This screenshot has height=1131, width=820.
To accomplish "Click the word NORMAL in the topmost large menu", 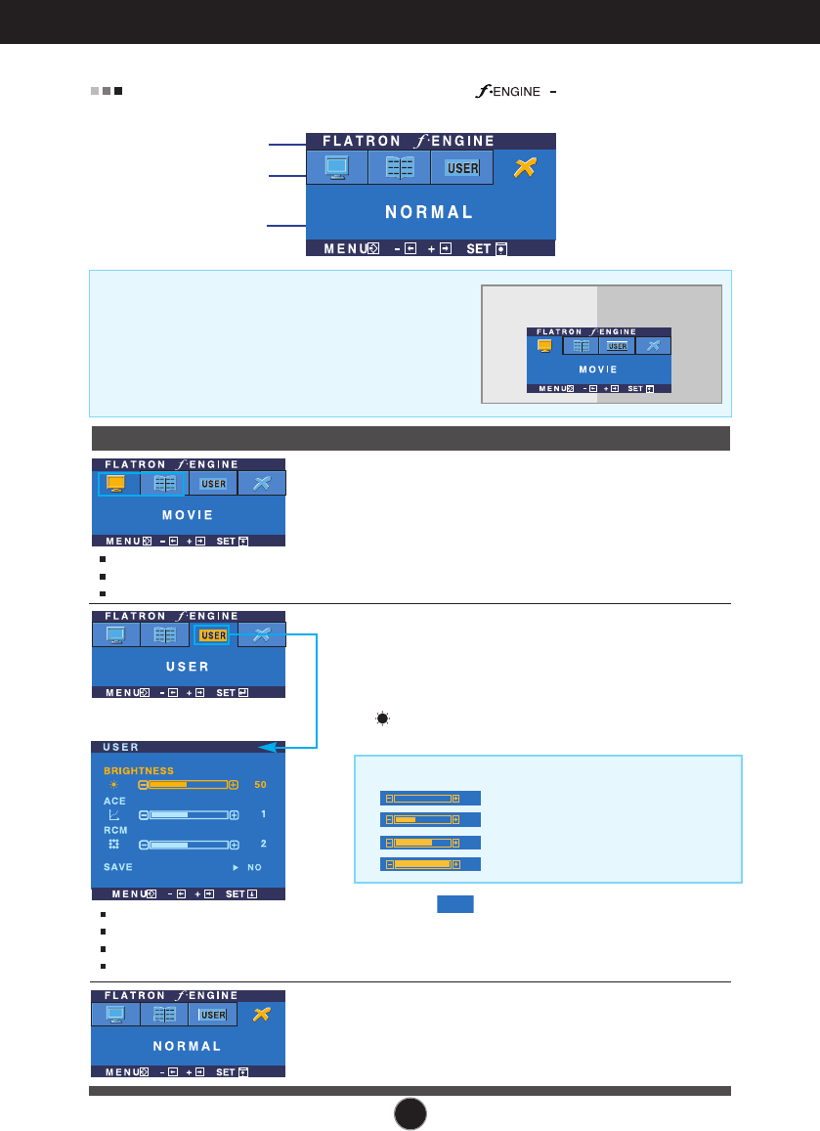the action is (431, 212).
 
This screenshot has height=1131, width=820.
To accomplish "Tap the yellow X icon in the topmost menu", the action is (525, 168).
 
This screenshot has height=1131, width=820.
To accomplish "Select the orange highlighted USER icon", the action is (212, 635).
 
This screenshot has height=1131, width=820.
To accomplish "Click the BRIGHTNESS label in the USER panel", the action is (139, 770).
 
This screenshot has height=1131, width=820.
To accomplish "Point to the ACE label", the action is (114, 801).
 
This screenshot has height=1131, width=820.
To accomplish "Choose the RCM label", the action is (115, 830).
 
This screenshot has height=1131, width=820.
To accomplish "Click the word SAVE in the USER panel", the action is (118, 867).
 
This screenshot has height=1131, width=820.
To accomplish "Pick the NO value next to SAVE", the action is (254, 867).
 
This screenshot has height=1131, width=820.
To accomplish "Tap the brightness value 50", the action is (260, 785).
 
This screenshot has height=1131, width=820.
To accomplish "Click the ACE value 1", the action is (262, 814).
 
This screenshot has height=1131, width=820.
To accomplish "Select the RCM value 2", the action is (262, 844).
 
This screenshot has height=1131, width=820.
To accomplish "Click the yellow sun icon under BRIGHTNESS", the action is (113, 785).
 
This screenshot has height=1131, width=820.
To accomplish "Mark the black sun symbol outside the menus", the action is (381, 718).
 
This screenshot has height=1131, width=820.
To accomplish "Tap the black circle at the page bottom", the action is (411, 1112).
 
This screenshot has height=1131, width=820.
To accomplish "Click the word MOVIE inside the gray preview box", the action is (598, 370).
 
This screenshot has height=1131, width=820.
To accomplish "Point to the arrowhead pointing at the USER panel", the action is (265, 747).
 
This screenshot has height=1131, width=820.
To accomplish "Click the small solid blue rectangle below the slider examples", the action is (454, 903).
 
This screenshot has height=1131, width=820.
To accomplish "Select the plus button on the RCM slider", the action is (234, 844).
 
